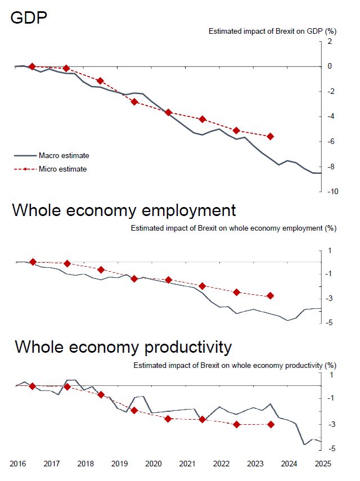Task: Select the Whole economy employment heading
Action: [124, 210]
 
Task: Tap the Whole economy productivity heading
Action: [123, 347]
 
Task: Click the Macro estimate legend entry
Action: [64, 156]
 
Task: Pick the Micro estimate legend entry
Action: [62, 169]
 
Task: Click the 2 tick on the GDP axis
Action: [330, 42]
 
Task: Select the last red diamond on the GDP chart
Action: [271, 136]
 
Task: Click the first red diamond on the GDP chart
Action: [32, 66]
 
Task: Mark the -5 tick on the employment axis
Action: [330, 323]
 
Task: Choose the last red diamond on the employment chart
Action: [271, 296]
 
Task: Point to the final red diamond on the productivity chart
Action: [271, 424]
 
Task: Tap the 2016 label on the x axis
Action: [17, 464]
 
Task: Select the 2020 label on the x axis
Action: [154, 464]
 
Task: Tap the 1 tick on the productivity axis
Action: [331, 375]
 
